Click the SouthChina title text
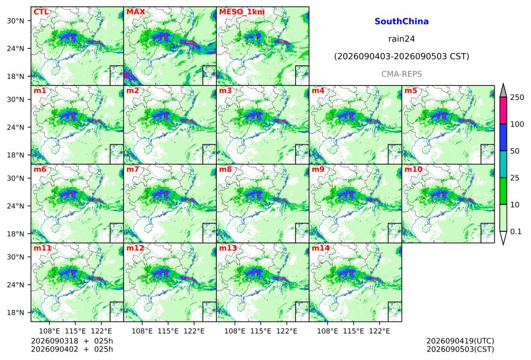click(401, 22)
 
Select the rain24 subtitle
click(401, 39)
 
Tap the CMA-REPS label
click(401, 74)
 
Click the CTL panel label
click(41, 12)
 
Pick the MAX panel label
click(135, 12)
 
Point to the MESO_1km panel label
click(242, 12)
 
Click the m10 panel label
click(413, 169)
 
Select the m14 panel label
click(320, 248)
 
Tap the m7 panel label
click(132, 169)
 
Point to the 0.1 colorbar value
click(515, 232)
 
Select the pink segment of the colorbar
click(503, 111)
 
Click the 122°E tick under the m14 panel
click(379, 331)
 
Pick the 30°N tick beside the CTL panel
click(15, 20)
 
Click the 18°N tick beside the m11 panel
click(15, 312)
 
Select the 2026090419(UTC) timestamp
click(460, 341)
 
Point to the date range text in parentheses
click(401, 56)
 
